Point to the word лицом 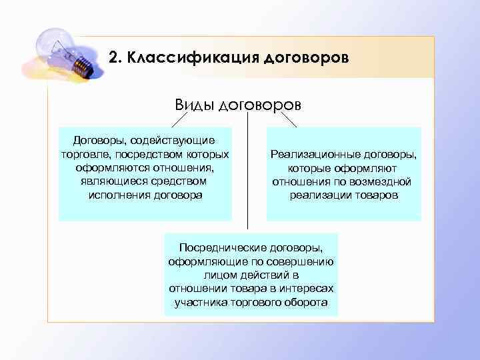(x=219, y=275)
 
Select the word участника (x=200, y=302)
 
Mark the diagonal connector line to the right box (x=289, y=119)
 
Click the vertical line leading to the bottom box (x=248, y=173)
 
